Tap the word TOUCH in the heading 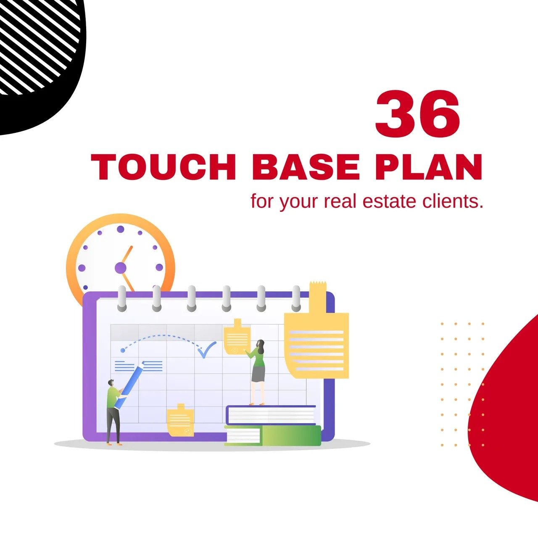point(164,167)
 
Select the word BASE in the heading point(306,167)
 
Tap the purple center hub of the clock point(120,268)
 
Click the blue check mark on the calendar point(207,350)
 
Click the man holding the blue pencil point(114,412)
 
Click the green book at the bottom point(273,435)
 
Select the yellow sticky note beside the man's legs point(181,420)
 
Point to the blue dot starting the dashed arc point(123,350)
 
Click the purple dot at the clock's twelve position point(120,229)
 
